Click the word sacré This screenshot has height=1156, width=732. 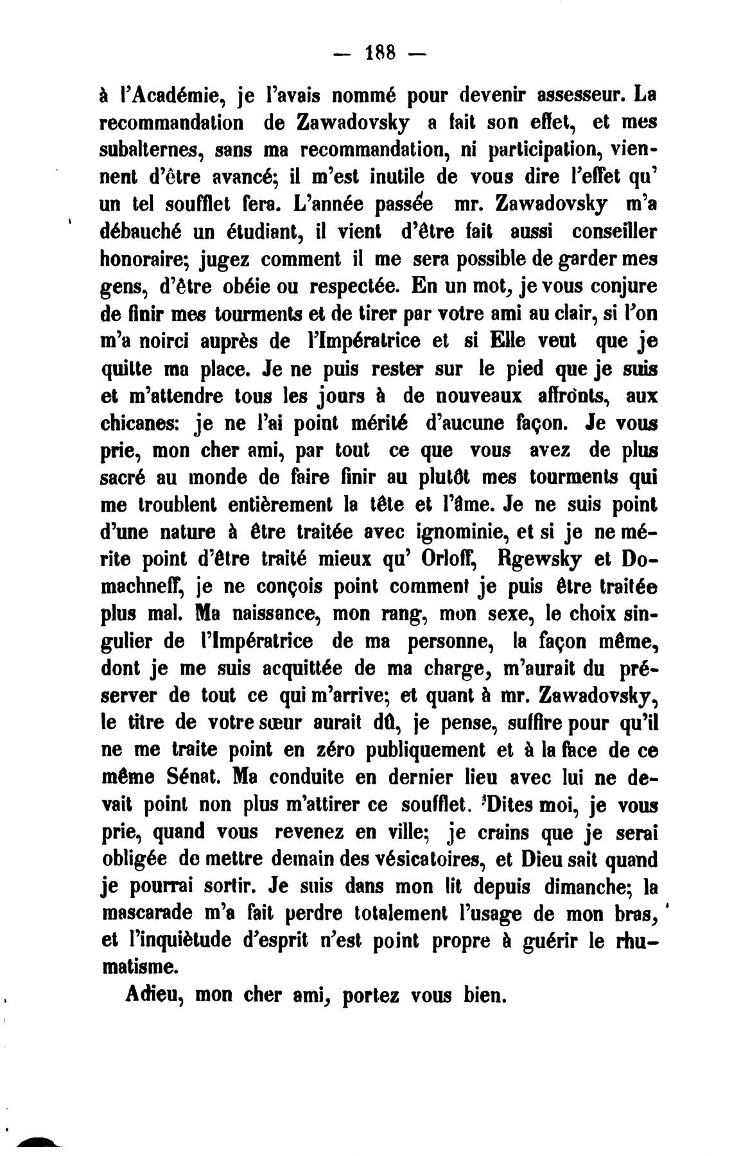point(127,478)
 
